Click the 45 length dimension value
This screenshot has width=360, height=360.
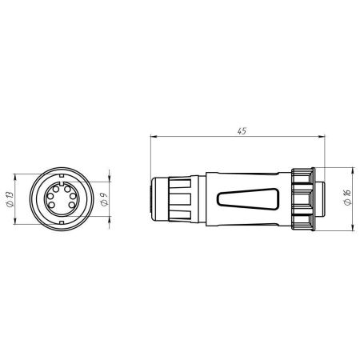(242, 131)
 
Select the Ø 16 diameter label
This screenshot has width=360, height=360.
(347, 198)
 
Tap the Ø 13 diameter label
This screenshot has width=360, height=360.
(10, 199)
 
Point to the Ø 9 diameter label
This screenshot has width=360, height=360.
(105, 199)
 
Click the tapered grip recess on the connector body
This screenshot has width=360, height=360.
(248, 199)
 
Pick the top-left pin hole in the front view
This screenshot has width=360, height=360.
(56, 189)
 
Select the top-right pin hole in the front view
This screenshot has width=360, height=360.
(67, 189)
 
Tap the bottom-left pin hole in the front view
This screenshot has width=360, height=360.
(52, 205)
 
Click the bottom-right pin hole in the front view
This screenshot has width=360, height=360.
(71, 205)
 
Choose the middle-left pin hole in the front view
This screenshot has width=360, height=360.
(50, 196)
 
